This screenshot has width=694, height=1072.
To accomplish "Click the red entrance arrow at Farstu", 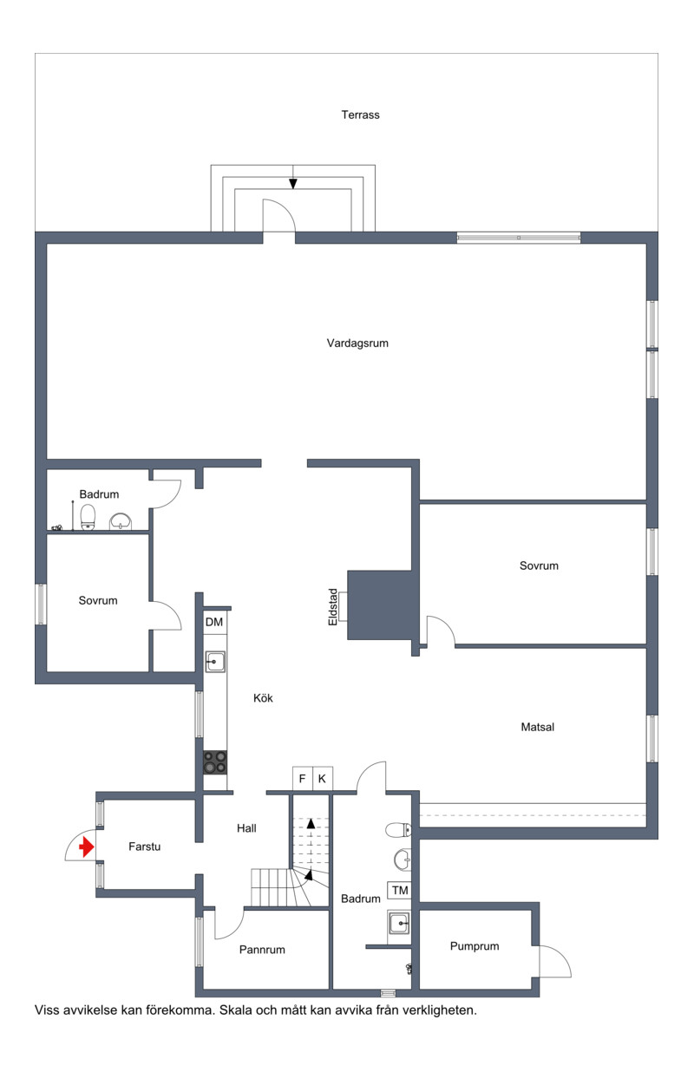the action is [x=87, y=846].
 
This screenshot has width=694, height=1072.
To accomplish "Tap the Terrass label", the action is [x=360, y=114].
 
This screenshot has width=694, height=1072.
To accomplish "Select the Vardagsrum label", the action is [x=357, y=343].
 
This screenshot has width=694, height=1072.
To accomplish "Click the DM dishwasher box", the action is [x=214, y=622].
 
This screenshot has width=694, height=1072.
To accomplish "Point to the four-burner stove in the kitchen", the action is [x=215, y=762].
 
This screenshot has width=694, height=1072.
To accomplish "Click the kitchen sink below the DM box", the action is [x=215, y=662].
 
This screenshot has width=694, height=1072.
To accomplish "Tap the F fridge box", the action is [x=303, y=779].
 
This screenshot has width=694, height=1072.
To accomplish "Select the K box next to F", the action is [x=323, y=779].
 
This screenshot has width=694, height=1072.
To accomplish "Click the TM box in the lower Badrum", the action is [x=400, y=890].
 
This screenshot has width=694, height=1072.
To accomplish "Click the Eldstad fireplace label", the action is [x=332, y=607].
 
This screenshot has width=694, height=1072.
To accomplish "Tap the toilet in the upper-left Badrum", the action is [x=88, y=517].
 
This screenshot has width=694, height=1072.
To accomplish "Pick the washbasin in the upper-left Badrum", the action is [x=121, y=521].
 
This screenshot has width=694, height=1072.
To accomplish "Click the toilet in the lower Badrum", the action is [x=398, y=829].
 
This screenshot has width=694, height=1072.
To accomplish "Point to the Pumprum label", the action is [x=475, y=946].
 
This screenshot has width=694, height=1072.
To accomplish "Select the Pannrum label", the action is [x=262, y=950].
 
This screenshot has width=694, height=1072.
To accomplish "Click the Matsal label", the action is [x=538, y=727].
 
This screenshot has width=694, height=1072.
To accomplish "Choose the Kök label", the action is [x=263, y=698].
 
